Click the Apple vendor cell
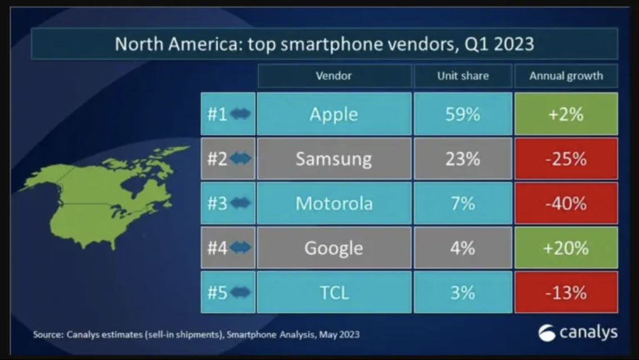pos(334,114)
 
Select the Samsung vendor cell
pos(334,159)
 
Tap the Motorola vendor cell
pos(334,203)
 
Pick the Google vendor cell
pos(334,247)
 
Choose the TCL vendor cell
pos(334,292)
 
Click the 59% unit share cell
pos(462,114)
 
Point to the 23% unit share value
pos(462,159)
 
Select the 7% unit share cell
pos(462,203)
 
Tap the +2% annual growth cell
pos(566,114)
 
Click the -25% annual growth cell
pos(566,159)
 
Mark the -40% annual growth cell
pos(566,203)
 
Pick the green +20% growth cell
pos(566,247)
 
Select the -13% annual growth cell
pos(566,292)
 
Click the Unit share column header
pos(462,76)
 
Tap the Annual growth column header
pos(566,76)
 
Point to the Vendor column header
pos(334,76)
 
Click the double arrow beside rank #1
pos(240,114)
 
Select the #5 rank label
pos(217,292)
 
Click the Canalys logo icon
pos(547,333)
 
